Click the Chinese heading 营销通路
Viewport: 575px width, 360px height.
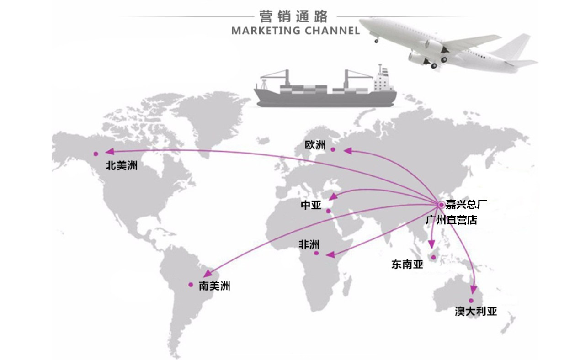click(x=293, y=17)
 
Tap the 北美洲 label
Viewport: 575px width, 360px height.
click(x=121, y=165)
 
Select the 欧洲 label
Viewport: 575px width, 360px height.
click(x=315, y=145)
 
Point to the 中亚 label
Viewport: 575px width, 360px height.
click(x=311, y=206)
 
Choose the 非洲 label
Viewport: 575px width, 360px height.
click(x=309, y=244)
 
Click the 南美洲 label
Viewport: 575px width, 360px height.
click(x=214, y=286)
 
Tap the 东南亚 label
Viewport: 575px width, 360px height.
click(x=407, y=264)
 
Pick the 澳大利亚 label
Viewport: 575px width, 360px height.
click(x=475, y=312)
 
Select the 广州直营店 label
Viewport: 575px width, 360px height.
click(x=451, y=220)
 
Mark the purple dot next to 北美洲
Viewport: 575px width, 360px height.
click(x=96, y=154)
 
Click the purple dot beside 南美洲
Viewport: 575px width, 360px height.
click(x=191, y=285)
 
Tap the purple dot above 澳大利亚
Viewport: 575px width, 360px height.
click(x=471, y=300)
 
